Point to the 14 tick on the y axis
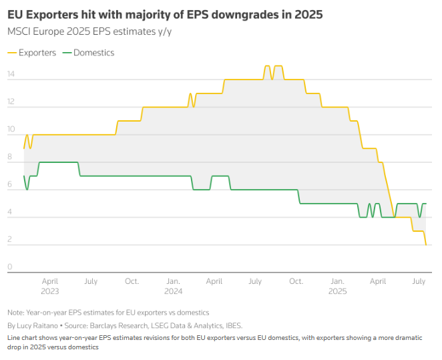[11, 74]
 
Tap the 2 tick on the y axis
[9, 240]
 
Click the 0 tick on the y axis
[9, 267]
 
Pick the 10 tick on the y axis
[11, 130]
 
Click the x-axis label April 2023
[49, 287]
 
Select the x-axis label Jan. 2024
[173, 287]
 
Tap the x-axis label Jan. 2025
[338, 287]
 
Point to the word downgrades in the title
[258, 14]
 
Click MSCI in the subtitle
[20, 31]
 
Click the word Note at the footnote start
[15, 313]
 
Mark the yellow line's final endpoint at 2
[426, 245]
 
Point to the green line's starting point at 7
[24, 176]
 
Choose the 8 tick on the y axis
[9, 157]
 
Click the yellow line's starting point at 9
[24, 148]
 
